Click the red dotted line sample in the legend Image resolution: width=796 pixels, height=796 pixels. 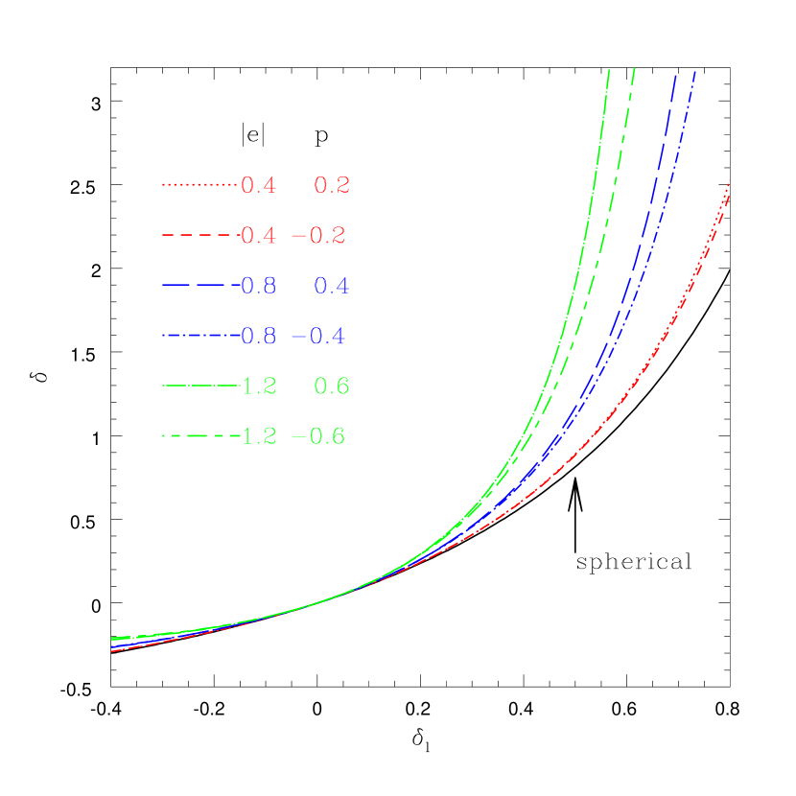click(x=199, y=184)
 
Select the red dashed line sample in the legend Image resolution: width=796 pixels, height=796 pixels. click(x=199, y=235)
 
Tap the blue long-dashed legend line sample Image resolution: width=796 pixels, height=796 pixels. click(x=199, y=286)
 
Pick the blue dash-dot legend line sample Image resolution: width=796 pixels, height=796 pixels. click(x=199, y=336)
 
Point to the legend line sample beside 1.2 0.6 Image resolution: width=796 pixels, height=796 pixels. click(x=199, y=386)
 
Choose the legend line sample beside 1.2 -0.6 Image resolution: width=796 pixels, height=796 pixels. click(x=199, y=436)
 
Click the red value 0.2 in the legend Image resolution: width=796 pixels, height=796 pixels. click(x=332, y=186)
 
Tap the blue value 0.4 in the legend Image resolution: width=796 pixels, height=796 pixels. click(x=332, y=286)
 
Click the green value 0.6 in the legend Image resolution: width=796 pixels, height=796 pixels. click(x=332, y=386)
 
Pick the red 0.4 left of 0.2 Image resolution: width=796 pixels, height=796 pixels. click(x=258, y=186)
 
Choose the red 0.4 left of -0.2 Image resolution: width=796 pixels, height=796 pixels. click(x=258, y=236)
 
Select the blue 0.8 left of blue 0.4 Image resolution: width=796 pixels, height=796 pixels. click(x=258, y=286)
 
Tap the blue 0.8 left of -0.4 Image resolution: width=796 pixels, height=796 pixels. click(x=258, y=337)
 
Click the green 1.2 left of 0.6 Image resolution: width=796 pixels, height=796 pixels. click(x=258, y=386)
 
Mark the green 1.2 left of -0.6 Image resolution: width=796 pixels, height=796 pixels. click(x=258, y=436)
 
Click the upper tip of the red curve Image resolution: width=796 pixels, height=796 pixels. click(x=730, y=181)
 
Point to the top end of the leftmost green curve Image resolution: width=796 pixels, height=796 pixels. click(x=609, y=71)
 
